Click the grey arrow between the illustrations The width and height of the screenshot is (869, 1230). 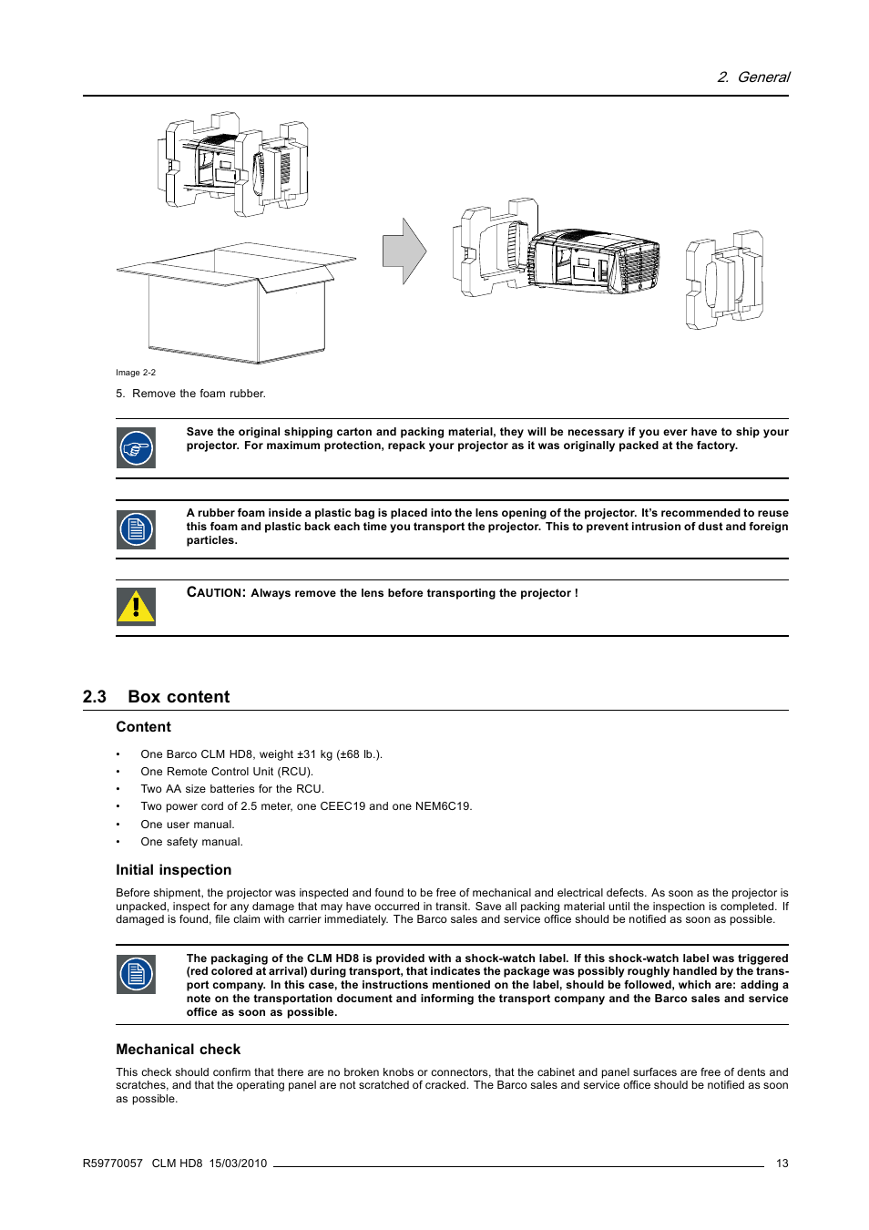(404, 251)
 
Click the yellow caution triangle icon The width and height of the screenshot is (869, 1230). (136, 607)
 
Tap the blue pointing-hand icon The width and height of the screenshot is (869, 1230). (136, 448)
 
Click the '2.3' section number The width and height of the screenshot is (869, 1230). (95, 697)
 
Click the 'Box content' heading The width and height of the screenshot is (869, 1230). (179, 697)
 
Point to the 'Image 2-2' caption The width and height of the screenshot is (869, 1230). (136, 373)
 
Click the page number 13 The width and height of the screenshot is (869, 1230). (782, 1163)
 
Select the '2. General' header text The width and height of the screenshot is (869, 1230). (753, 77)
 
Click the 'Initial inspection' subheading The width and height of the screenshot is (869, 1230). (173, 870)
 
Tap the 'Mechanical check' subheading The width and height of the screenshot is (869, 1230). (178, 1050)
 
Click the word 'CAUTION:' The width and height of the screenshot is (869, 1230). (216, 592)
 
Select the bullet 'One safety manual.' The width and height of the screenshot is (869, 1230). (191, 842)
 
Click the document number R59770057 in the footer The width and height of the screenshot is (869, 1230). (112, 1163)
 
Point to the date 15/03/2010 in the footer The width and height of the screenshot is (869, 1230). (238, 1163)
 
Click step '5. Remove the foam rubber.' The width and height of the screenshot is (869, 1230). (190, 394)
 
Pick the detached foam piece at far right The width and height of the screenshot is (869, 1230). (724, 280)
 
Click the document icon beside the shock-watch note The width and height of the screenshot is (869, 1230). (136, 975)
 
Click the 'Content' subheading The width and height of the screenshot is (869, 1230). (143, 727)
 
